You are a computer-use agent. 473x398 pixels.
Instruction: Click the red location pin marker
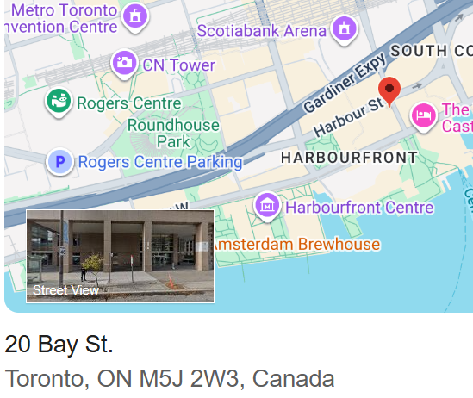[389, 90]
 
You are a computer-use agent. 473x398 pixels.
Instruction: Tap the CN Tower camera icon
[124, 63]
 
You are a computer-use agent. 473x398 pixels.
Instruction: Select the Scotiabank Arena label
[262, 31]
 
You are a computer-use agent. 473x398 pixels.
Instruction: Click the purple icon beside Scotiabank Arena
[345, 28]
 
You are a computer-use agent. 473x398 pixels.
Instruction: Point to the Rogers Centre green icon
[59, 103]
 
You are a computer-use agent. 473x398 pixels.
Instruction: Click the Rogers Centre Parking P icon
[59, 161]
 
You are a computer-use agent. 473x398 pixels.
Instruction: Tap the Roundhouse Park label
[173, 133]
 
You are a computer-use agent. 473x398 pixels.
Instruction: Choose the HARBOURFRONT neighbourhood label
[349, 158]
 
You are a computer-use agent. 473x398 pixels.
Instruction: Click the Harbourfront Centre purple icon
[268, 206]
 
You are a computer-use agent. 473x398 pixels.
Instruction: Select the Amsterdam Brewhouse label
[296, 245]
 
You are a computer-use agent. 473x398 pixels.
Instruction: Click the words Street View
[65, 290]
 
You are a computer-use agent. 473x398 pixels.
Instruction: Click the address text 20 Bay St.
[59, 345]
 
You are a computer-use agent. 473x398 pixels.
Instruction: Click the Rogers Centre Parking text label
[160, 161]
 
